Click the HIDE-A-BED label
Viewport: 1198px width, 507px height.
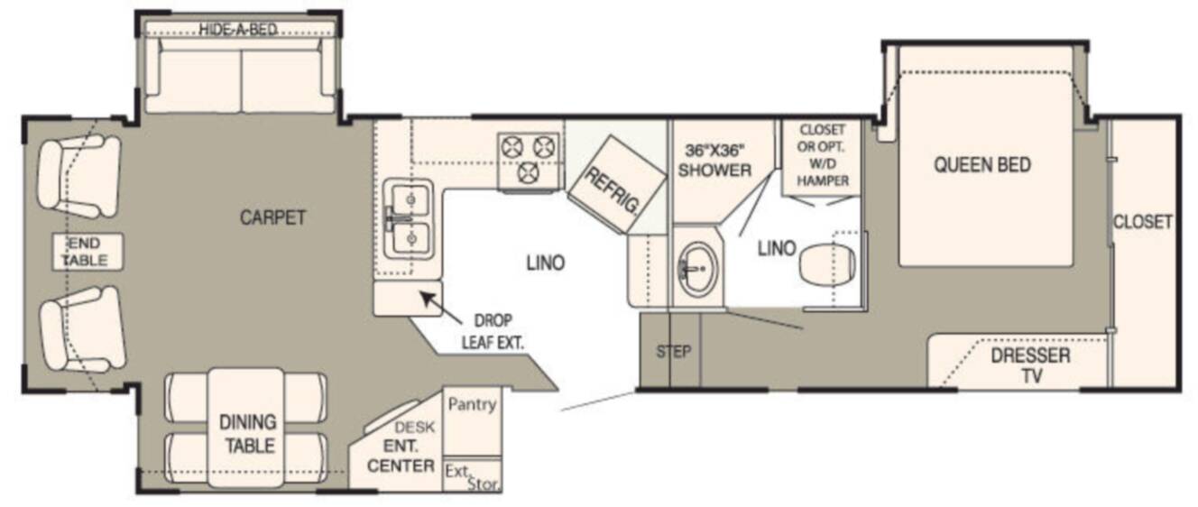click(238, 30)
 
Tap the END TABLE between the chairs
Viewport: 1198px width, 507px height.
click(88, 252)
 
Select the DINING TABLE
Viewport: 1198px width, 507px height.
click(246, 428)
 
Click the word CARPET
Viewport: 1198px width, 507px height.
click(272, 217)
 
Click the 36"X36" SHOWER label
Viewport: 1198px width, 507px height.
click(714, 161)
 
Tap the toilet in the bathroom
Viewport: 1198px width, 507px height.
click(827, 263)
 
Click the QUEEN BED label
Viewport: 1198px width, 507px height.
click(982, 165)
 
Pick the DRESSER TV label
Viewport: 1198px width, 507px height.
click(1030, 365)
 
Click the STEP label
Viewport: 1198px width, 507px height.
click(674, 351)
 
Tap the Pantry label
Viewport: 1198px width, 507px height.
click(472, 404)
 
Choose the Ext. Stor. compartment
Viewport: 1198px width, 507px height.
click(473, 475)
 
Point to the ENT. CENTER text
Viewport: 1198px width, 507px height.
click(401, 456)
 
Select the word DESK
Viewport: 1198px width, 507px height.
click(414, 428)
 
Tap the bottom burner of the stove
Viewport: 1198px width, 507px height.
click(529, 171)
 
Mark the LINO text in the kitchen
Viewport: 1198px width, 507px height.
click(545, 263)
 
